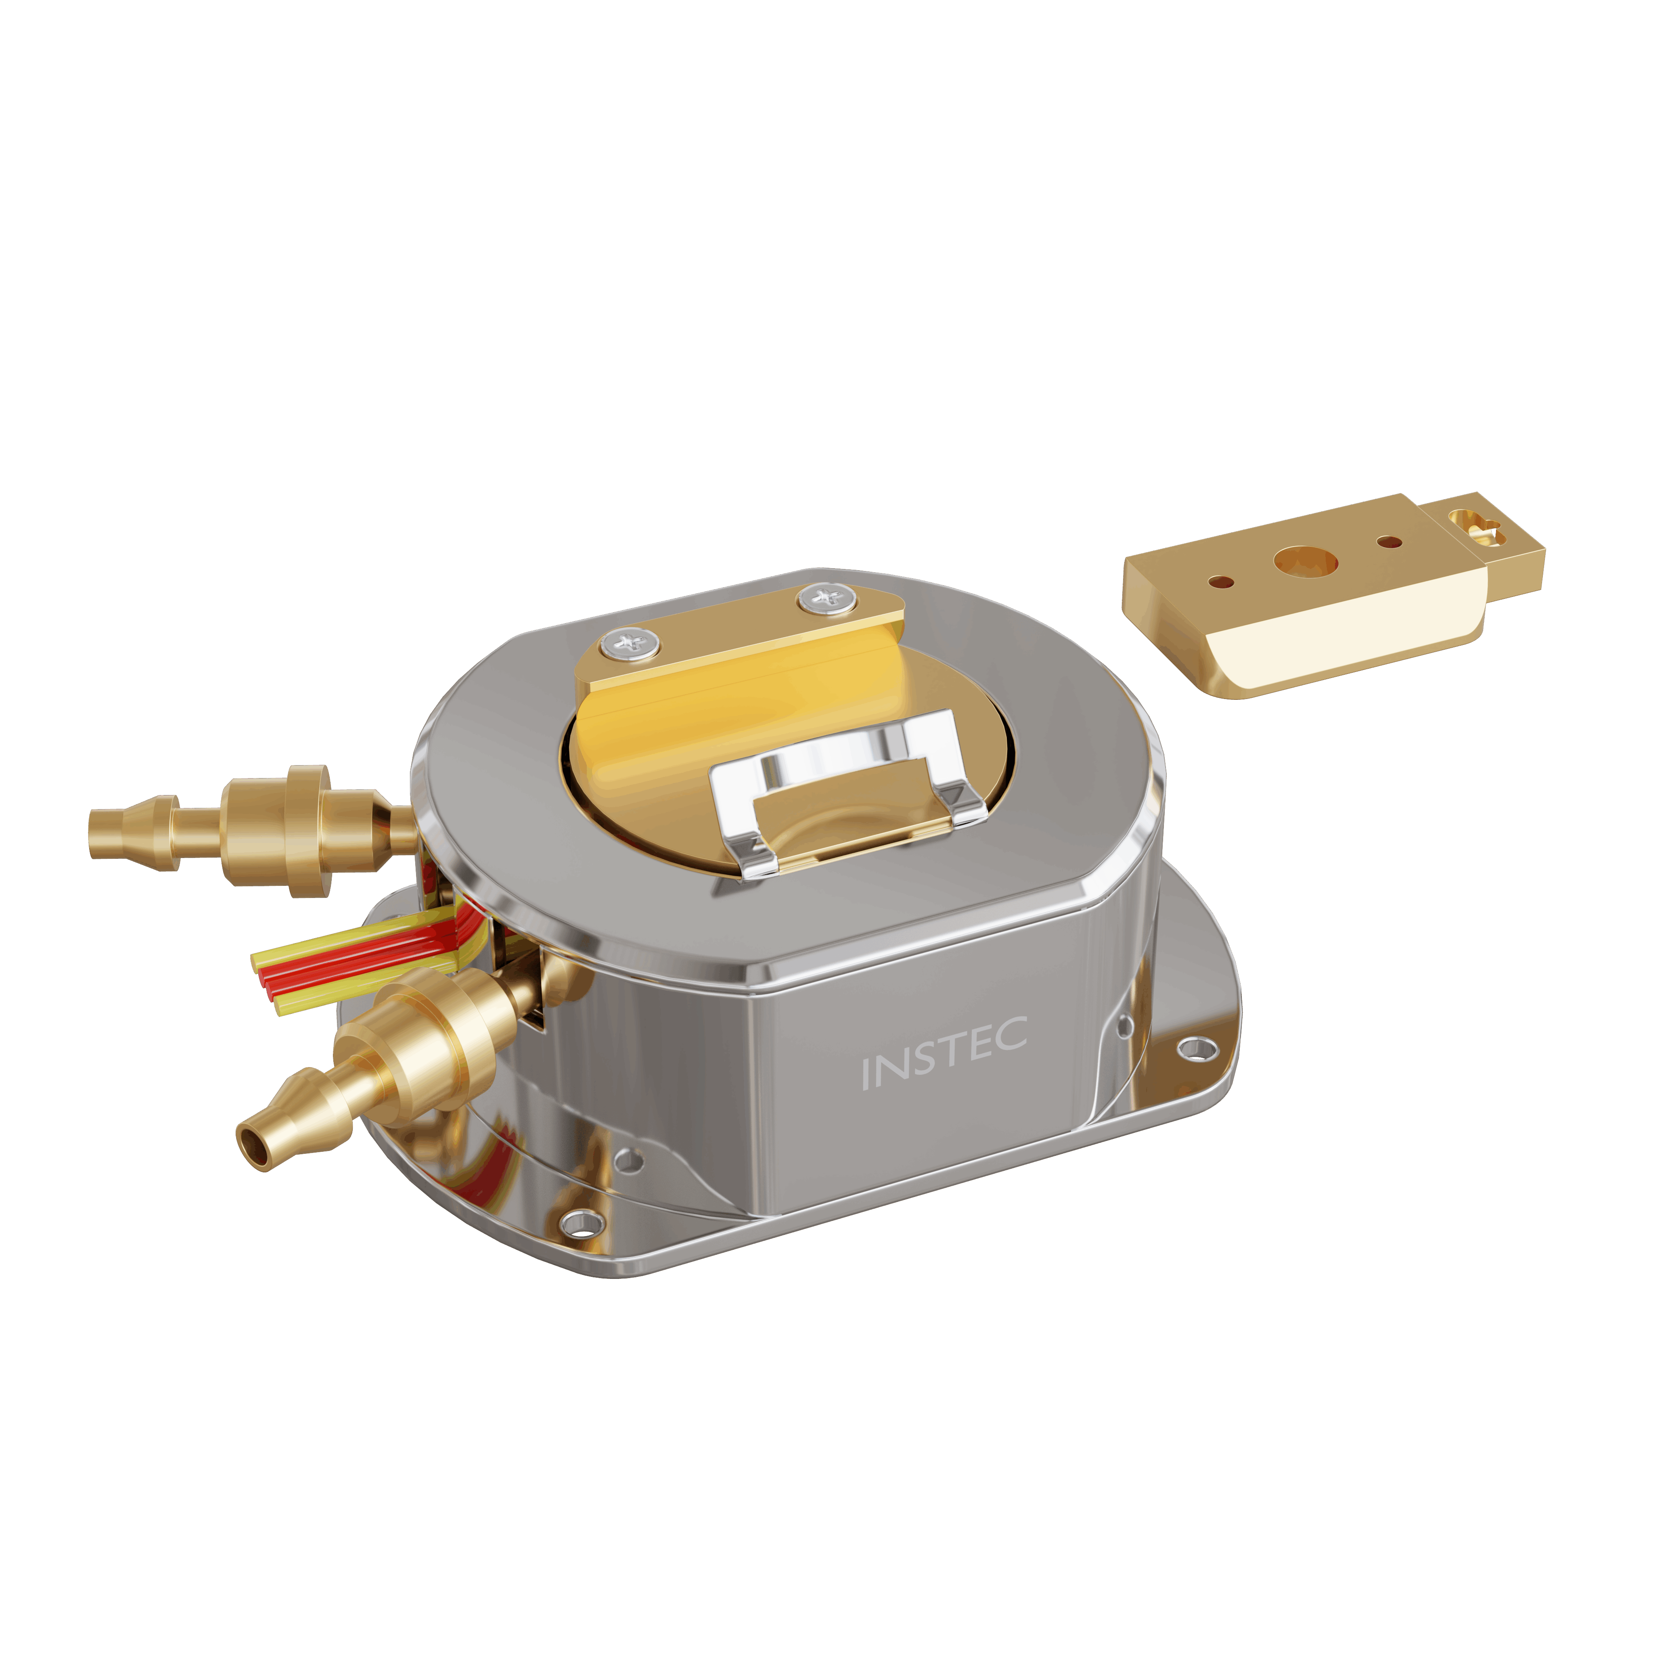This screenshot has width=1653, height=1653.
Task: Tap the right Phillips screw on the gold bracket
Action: (x=826, y=598)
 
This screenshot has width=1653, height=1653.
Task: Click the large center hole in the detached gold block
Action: (x=1305, y=561)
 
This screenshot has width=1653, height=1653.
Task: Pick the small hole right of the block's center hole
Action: (x=1389, y=542)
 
